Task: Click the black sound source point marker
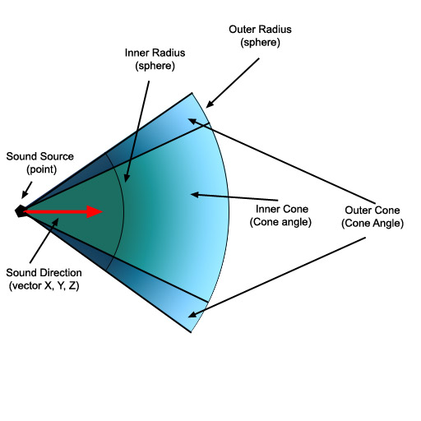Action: [x=21, y=211]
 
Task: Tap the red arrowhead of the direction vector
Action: [x=95, y=211]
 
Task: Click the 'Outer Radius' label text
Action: [x=260, y=30]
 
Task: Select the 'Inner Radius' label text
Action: [x=155, y=53]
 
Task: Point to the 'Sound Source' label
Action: [x=40, y=156]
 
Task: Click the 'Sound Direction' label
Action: [x=44, y=273]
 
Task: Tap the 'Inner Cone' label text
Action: [x=282, y=209]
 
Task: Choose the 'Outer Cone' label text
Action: [x=372, y=210]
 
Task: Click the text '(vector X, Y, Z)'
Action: [x=44, y=286]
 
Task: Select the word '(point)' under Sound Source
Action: [x=42, y=169]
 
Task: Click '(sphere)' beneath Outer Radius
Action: [x=261, y=43]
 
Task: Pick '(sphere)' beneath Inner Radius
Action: [x=155, y=66]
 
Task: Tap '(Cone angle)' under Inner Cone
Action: [x=280, y=222]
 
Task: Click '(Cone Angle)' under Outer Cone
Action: [x=372, y=224]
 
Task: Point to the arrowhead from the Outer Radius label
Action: [x=210, y=104]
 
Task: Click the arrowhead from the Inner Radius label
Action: [x=126, y=178]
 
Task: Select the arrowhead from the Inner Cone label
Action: [x=195, y=195]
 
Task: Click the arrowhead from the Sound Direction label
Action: [x=55, y=222]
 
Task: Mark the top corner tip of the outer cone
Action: [x=192, y=93]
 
